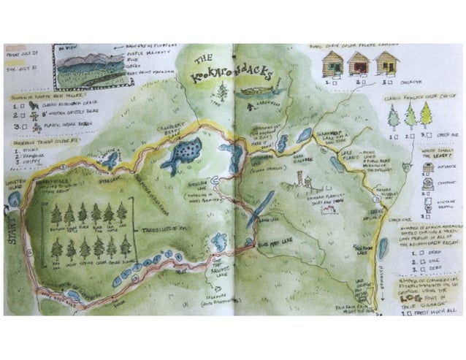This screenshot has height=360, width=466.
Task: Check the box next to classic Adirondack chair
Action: tap(24, 104)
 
